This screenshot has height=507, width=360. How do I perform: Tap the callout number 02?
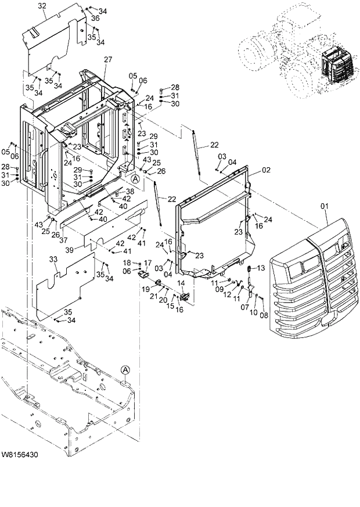point(267,170)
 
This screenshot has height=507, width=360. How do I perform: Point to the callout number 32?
point(42,6)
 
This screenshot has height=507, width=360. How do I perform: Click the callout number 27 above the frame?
point(108,60)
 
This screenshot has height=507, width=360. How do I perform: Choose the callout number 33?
point(53,259)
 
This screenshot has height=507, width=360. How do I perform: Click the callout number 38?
point(130,191)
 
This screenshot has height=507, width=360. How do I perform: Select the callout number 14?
point(181,282)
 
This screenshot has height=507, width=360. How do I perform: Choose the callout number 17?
point(147,263)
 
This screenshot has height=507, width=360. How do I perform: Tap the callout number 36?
point(95,19)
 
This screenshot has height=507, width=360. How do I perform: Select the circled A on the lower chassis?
point(125,369)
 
